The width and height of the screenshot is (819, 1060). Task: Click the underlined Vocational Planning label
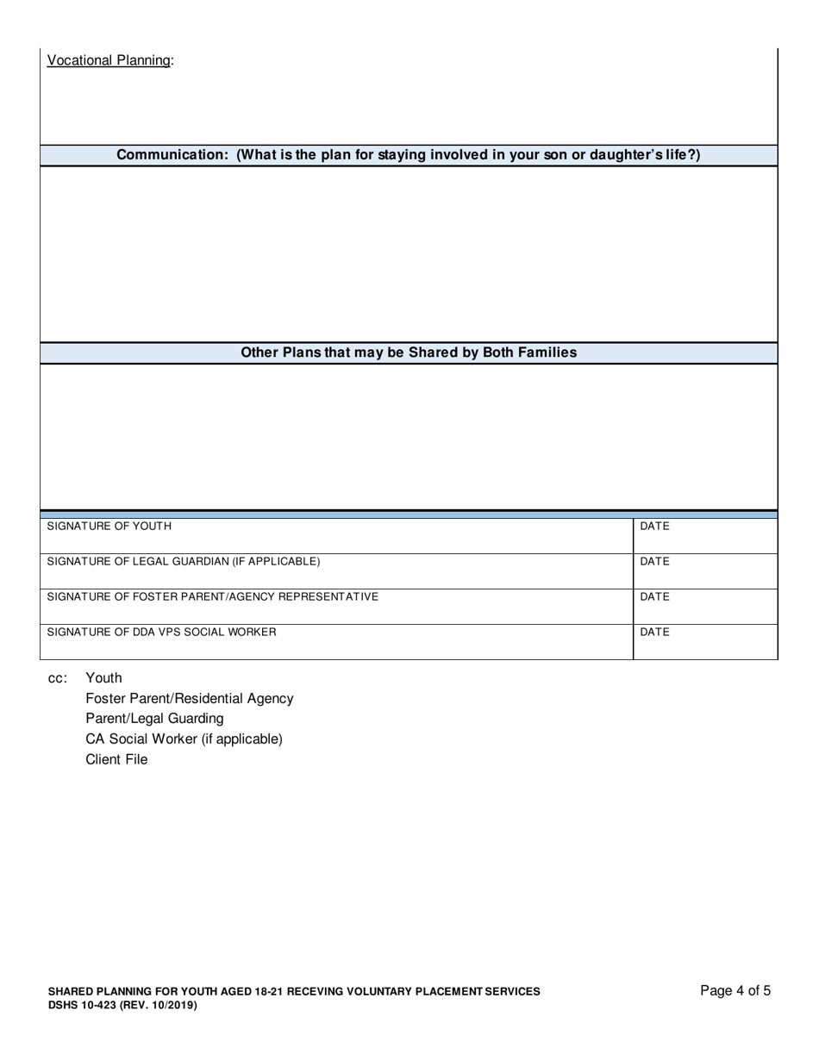pyautogui.click(x=109, y=60)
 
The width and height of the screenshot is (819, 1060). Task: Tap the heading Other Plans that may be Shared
pyautogui.click(x=409, y=352)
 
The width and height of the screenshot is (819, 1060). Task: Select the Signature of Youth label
pyautogui.click(x=109, y=526)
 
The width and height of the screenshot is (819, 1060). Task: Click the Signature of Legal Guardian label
pyautogui.click(x=183, y=561)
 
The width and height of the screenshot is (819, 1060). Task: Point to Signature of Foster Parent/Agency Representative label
pyautogui.click(x=212, y=596)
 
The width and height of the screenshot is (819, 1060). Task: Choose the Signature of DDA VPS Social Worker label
pyautogui.click(x=161, y=632)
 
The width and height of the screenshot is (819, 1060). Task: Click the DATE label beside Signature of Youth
pyautogui.click(x=654, y=526)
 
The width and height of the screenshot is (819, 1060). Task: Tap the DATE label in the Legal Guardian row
pyautogui.click(x=654, y=561)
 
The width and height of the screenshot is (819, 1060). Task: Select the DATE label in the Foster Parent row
pyautogui.click(x=654, y=596)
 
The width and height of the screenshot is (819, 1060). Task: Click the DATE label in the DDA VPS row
pyautogui.click(x=654, y=632)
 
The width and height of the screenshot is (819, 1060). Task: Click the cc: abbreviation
pyautogui.click(x=57, y=678)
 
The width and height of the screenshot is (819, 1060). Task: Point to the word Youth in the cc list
pyautogui.click(x=103, y=677)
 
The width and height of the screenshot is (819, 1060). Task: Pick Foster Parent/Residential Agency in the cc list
pyautogui.click(x=189, y=698)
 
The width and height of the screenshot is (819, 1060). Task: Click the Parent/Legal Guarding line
pyautogui.click(x=154, y=719)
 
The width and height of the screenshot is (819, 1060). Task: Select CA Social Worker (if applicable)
pyautogui.click(x=184, y=739)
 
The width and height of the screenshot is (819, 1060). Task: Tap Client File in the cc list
pyautogui.click(x=116, y=760)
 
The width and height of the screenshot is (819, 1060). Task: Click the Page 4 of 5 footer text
pyautogui.click(x=735, y=991)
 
